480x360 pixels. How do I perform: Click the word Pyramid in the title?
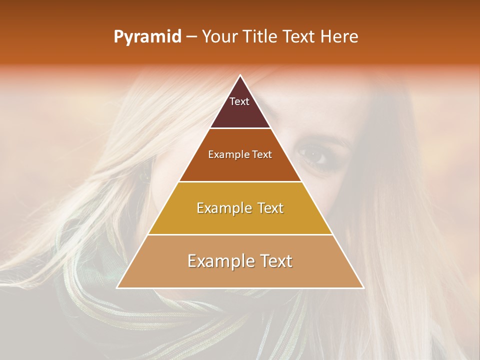point(147,37)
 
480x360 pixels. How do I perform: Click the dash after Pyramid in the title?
point(191,37)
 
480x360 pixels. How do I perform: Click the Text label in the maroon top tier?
point(239,101)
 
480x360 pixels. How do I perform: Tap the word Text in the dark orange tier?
point(262,154)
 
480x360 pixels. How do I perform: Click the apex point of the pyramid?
point(240,75)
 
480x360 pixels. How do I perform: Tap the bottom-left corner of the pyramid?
point(117,287)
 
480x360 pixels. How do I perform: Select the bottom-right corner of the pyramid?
point(363,287)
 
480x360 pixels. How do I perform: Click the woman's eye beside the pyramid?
point(313,155)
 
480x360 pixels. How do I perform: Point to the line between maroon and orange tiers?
point(240,128)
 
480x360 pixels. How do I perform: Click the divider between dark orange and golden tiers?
point(240,181)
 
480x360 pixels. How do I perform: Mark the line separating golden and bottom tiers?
point(240,234)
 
